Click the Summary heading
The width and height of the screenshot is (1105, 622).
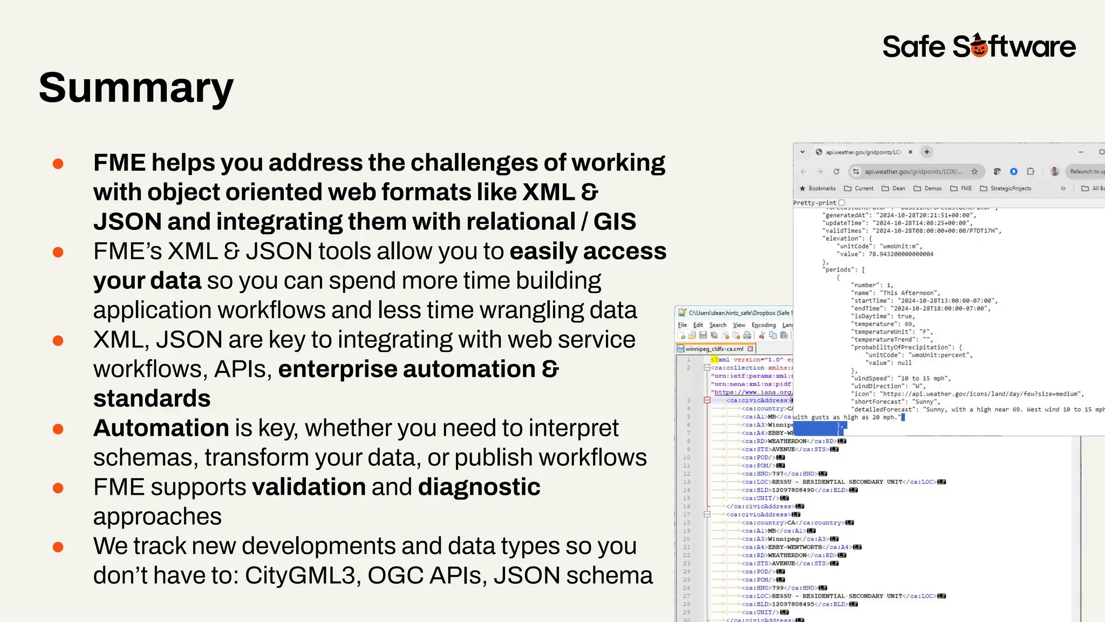coord(136,88)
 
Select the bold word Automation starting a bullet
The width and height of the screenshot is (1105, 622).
coord(161,428)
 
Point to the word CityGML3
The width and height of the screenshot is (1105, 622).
coord(303,576)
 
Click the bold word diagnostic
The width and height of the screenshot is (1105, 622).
coord(479,487)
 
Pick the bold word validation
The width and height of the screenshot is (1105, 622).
coord(309,487)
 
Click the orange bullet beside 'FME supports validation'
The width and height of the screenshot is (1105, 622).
coord(58,488)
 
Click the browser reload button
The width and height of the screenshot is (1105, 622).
coord(836,172)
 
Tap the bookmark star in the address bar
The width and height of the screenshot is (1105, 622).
coord(974,172)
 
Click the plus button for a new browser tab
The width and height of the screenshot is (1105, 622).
coord(927,152)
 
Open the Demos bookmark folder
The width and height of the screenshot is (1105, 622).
coord(928,188)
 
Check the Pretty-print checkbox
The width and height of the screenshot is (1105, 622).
coord(842,203)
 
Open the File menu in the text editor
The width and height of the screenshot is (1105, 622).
coord(683,325)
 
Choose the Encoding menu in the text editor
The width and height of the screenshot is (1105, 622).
coord(763,325)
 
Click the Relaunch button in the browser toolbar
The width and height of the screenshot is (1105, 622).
coord(1086,172)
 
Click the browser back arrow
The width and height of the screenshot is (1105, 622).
coord(803,172)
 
